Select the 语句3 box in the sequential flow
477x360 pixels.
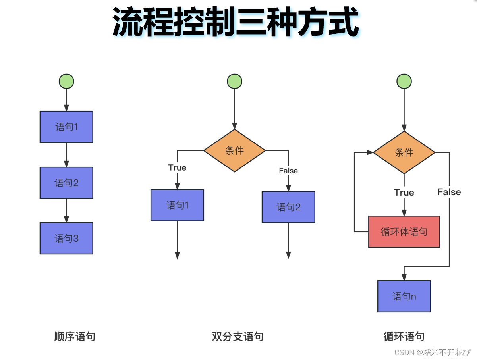click(x=66, y=238)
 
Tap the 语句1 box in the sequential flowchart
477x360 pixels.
click(x=66, y=127)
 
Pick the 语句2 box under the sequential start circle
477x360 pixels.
click(x=66, y=183)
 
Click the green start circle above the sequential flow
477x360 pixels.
click(x=66, y=81)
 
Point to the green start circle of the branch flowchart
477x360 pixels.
click(x=234, y=81)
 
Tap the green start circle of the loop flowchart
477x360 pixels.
click(x=404, y=81)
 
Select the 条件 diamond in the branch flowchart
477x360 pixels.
click(x=234, y=151)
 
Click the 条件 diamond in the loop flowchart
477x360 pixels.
click(x=404, y=152)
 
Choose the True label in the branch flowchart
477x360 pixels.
click(x=177, y=167)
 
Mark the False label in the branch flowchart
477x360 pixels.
click(x=288, y=171)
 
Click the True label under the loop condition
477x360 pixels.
click(x=404, y=193)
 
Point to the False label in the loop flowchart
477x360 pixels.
click(x=449, y=192)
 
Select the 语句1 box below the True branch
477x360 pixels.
click(x=177, y=205)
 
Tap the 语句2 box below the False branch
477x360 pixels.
click(x=288, y=207)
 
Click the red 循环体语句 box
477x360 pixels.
click(x=404, y=231)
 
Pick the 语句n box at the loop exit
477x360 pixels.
click(x=404, y=296)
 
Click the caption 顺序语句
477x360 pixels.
click(x=75, y=337)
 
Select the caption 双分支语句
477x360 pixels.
click(x=238, y=337)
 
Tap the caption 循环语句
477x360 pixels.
click(x=404, y=337)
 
